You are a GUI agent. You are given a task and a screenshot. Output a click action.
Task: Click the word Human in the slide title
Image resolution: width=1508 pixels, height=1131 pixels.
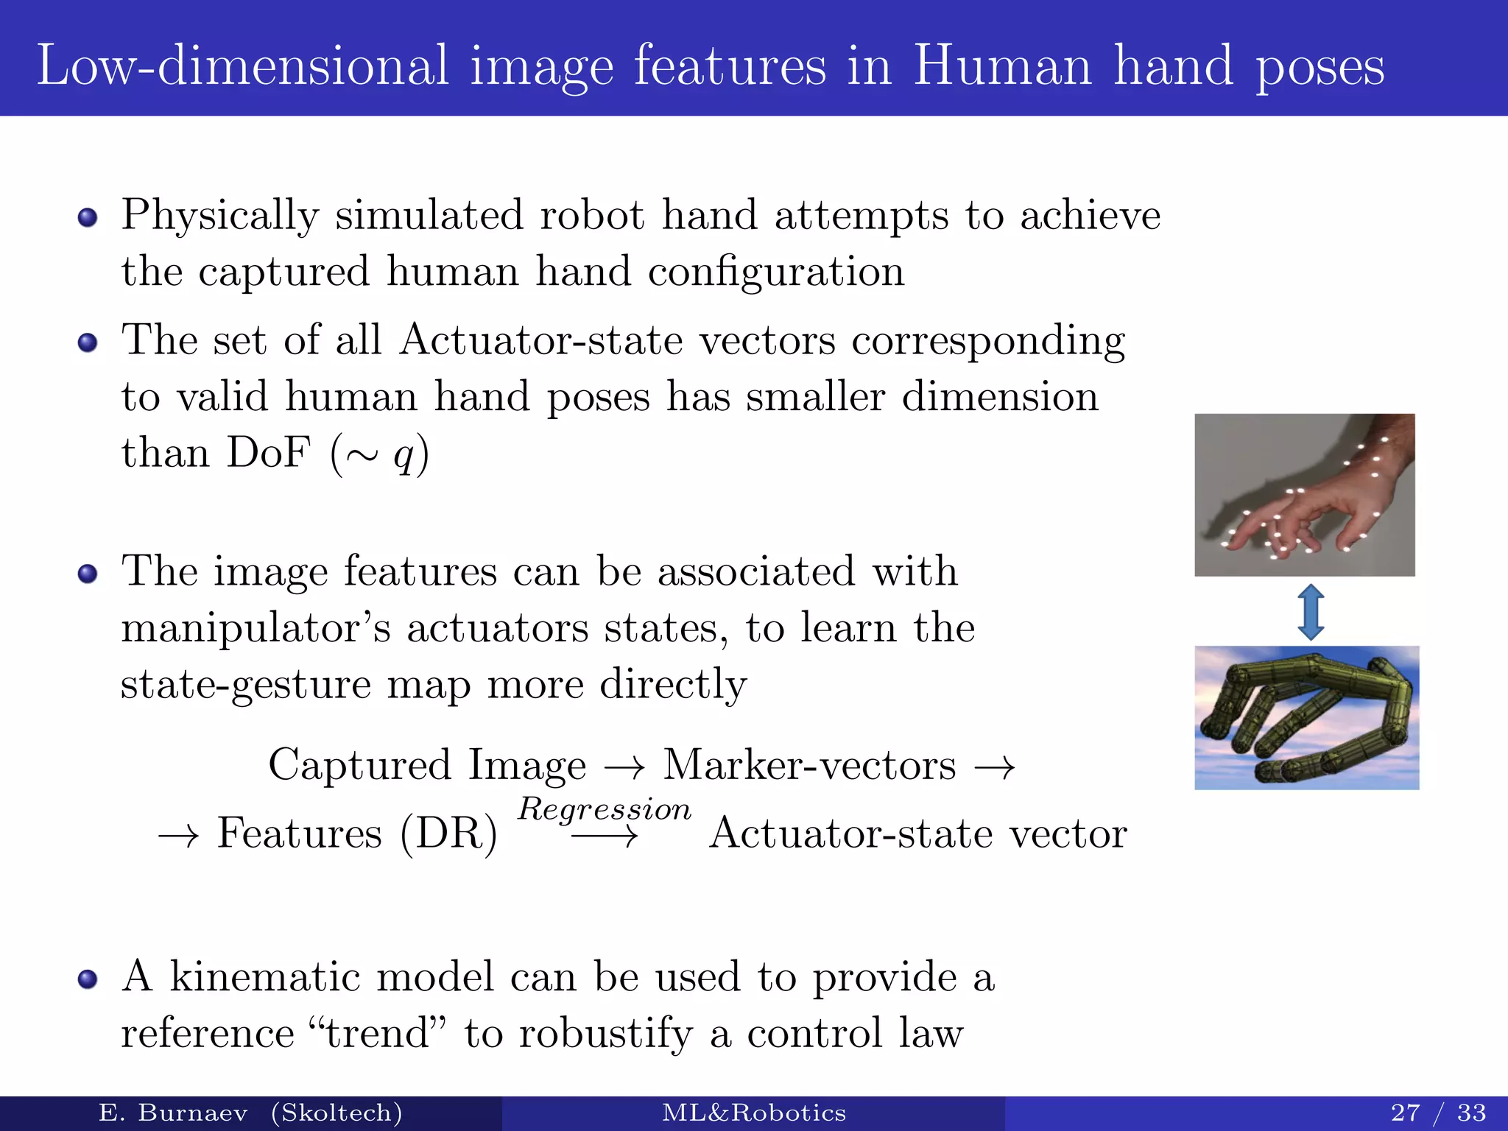coord(1002,66)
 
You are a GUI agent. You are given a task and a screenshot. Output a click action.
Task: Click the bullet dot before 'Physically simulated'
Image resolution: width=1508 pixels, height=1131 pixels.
coord(88,217)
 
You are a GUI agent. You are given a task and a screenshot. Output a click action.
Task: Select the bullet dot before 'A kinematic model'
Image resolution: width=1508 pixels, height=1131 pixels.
coord(88,979)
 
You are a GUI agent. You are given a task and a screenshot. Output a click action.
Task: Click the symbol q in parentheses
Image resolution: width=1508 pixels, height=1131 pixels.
coord(403,454)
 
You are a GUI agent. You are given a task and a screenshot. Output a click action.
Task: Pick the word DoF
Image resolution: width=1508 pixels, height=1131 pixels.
coord(268,452)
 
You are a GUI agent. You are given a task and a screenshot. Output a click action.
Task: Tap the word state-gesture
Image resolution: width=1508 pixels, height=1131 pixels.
coord(246,685)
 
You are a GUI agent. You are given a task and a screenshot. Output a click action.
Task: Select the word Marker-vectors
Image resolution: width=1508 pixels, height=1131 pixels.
coord(810,765)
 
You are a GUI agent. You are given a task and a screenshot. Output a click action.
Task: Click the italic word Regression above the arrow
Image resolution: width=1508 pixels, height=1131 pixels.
coord(605,809)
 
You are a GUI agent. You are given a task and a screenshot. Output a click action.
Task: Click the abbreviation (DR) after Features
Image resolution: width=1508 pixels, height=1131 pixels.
coord(448,834)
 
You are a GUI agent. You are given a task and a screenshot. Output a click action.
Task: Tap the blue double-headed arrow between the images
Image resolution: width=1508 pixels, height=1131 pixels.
coord(1311,611)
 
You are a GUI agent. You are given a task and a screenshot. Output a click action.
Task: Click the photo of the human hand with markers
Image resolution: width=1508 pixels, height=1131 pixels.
coord(1304,495)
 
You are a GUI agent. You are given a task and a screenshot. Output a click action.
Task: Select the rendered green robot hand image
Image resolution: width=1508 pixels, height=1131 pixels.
coord(1306,717)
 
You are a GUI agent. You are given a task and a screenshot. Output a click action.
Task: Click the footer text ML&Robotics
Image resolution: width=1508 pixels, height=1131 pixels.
coord(754,1113)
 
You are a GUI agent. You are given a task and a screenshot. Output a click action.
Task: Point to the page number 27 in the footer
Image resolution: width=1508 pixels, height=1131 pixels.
coord(1405,1113)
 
